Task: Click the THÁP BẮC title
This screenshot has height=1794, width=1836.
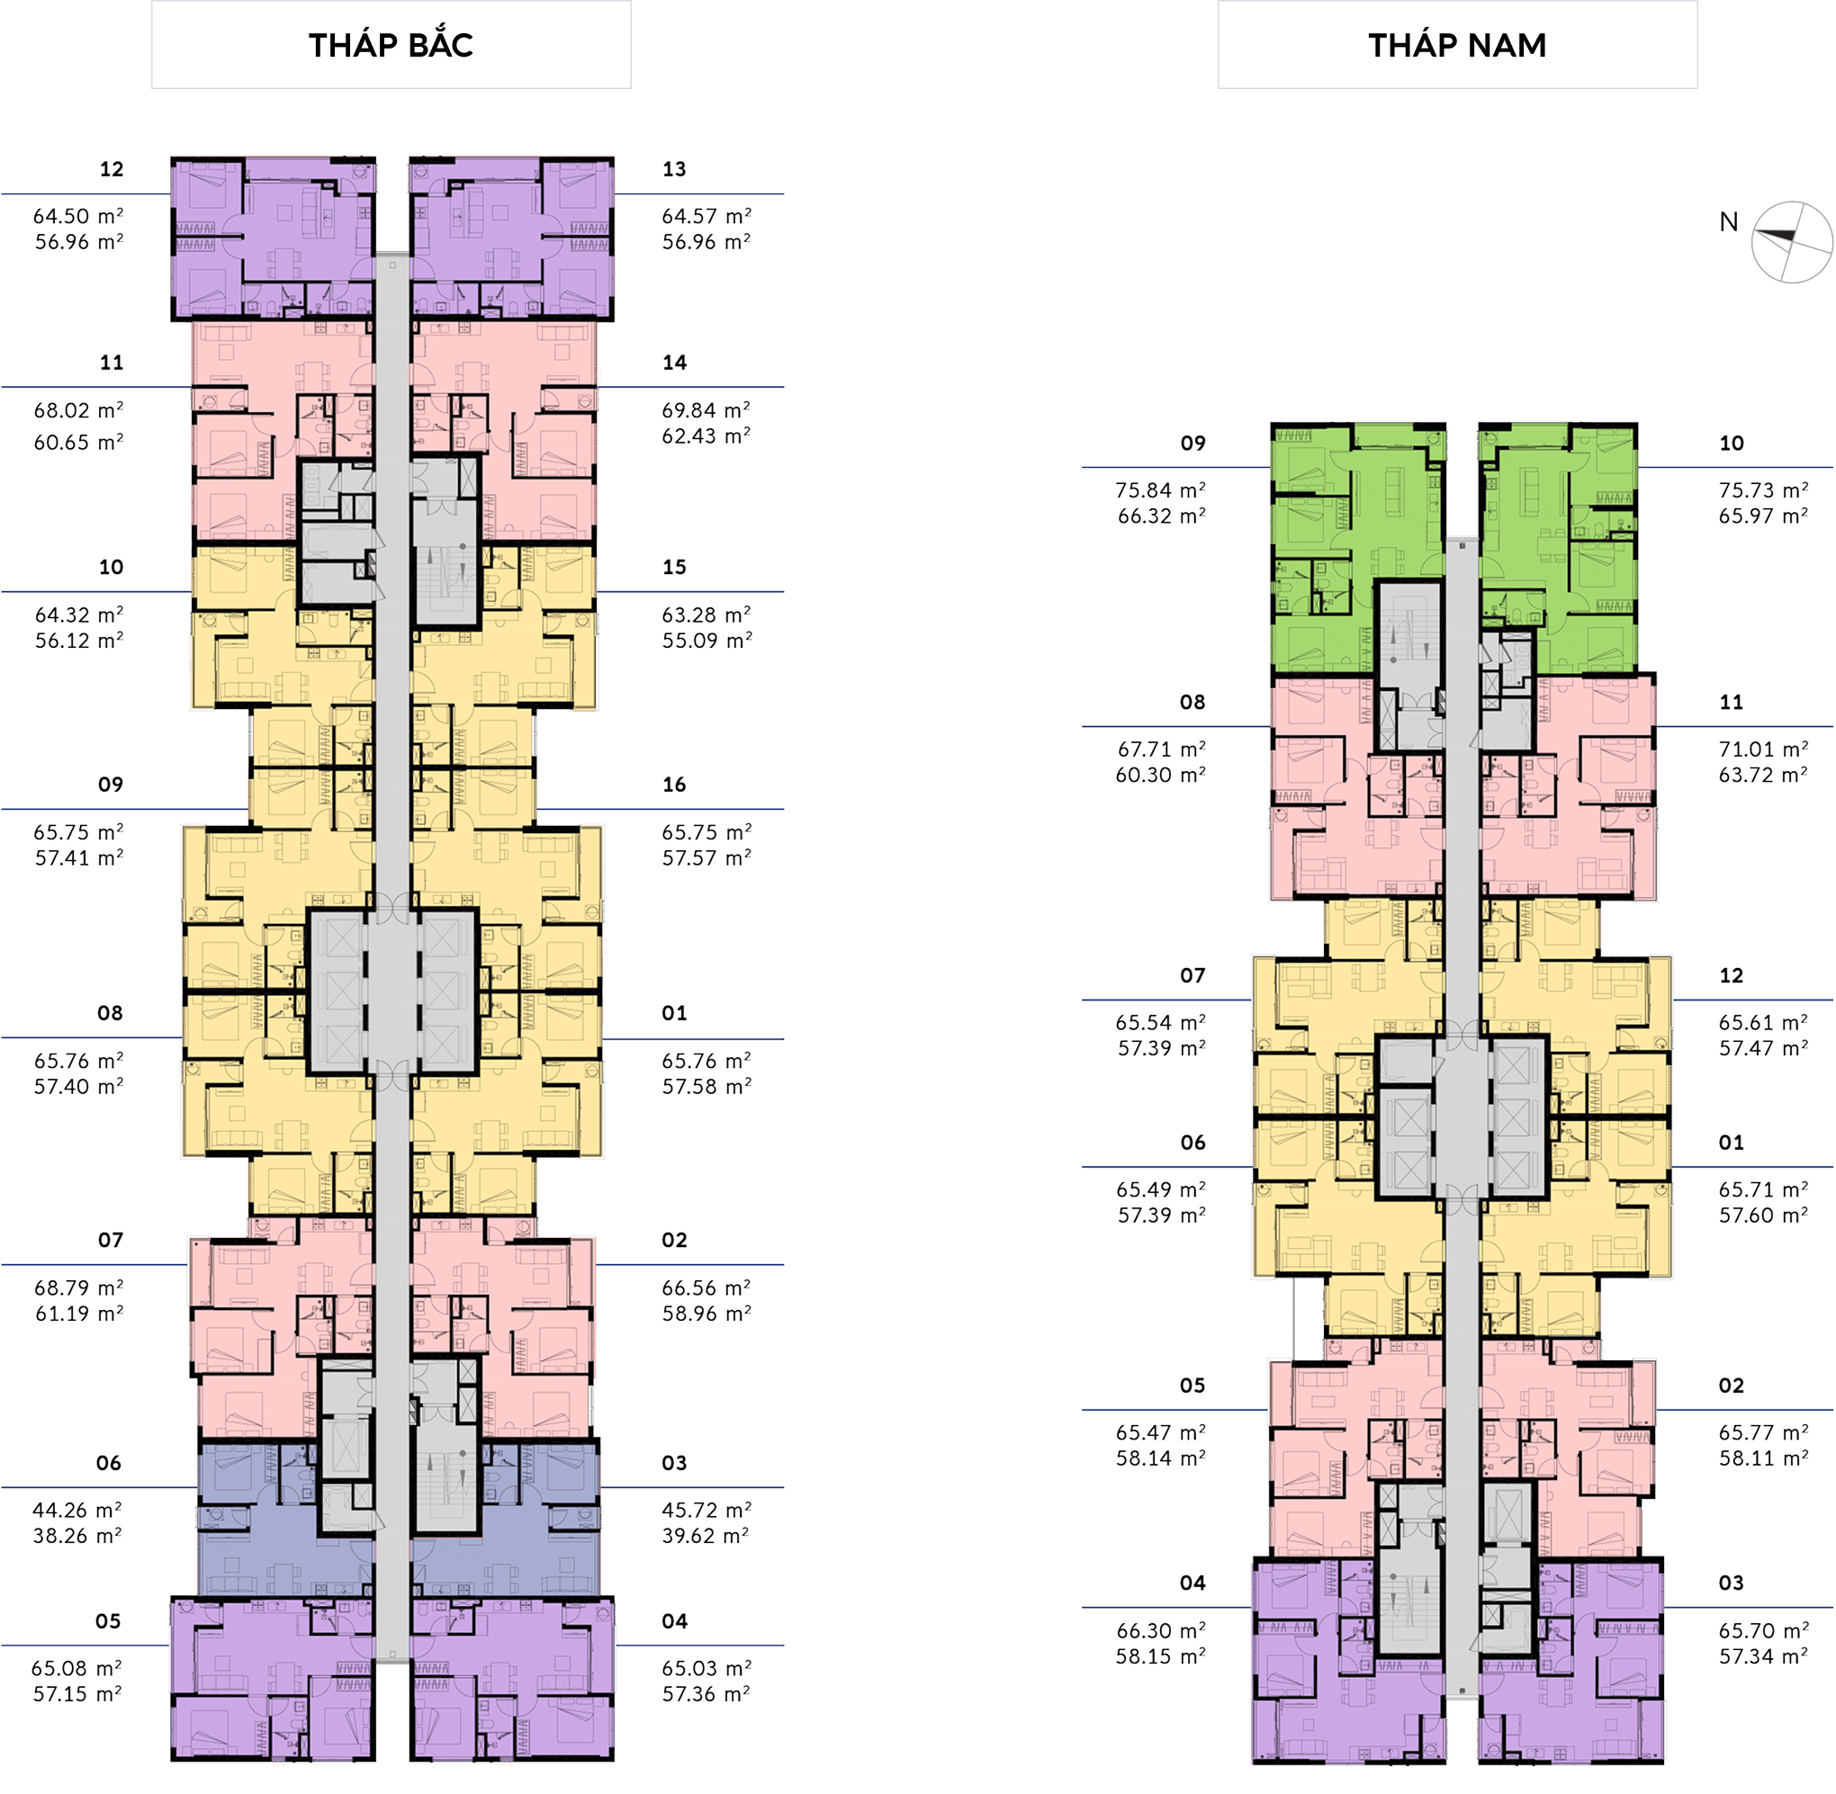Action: tap(391, 44)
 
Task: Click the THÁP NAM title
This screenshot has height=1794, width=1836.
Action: tap(1457, 44)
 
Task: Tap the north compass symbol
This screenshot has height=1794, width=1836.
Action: tap(1792, 241)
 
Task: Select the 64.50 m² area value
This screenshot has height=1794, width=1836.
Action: tap(78, 216)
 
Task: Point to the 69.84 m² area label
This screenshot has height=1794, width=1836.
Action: tap(706, 410)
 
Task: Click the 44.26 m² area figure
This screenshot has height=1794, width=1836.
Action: tap(77, 1510)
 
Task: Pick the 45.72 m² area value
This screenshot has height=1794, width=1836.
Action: tap(706, 1510)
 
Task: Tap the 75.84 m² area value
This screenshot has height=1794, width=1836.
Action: tap(1160, 490)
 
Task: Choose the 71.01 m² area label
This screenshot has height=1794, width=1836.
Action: tap(1763, 749)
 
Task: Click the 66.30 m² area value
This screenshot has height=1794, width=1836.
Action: tap(1160, 1630)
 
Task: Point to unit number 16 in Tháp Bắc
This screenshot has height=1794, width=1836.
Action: tap(674, 784)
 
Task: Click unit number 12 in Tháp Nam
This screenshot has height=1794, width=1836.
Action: tap(1732, 975)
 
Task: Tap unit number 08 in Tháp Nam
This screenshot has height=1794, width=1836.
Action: tap(1192, 702)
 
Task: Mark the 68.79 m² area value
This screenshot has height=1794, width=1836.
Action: tap(78, 1287)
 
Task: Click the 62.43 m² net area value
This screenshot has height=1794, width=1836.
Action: tap(706, 436)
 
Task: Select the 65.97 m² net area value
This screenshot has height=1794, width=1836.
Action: tap(1763, 516)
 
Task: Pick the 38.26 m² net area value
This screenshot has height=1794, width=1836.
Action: tap(78, 1535)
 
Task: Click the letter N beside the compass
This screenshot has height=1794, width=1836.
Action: tap(1729, 221)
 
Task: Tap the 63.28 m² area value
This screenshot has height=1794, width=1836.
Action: tap(706, 614)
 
